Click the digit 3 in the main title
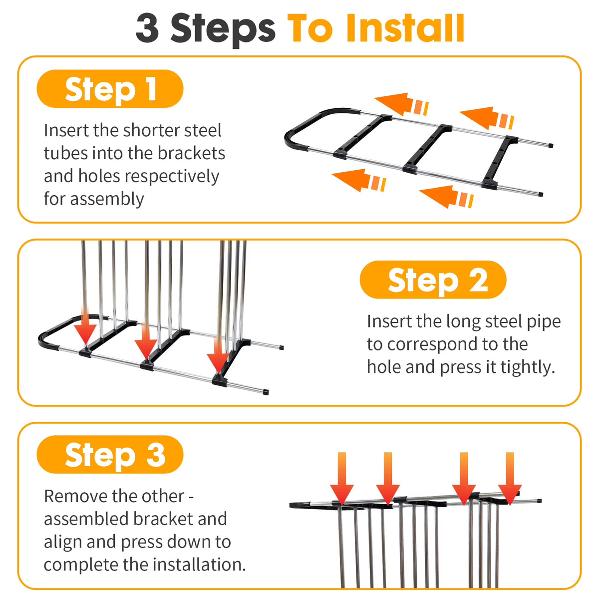tap(147, 28)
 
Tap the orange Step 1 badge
tap(110, 89)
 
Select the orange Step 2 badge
tap(433, 280)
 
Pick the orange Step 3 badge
tap(110, 454)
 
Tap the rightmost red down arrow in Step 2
tap(218, 356)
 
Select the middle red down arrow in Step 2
tap(146, 341)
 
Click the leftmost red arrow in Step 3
tap(341, 479)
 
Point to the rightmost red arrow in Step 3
tap(510, 479)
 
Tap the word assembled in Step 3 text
tap(86, 520)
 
